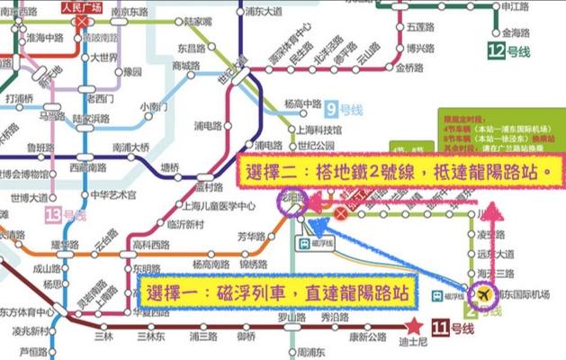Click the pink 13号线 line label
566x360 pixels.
65,215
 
